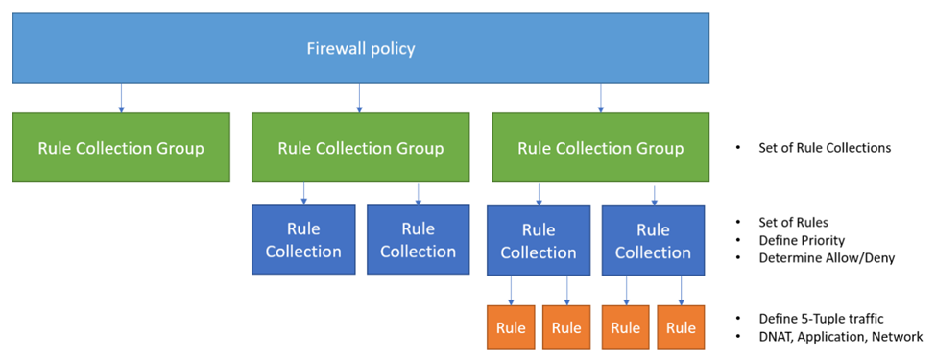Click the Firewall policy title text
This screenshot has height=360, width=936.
[x=360, y=47]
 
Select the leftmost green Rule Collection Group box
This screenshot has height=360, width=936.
[x=121, y=148]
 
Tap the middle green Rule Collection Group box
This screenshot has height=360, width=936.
[x=360, y=148]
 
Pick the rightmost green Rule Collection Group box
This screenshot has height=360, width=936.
[x=600, y=148]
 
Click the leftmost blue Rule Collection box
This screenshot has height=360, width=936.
[x=303, y=240]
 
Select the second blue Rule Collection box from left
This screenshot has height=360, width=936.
[x=418, y=240]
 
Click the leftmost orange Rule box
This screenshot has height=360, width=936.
[x=511, y=327]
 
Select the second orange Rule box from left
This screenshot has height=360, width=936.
[x=566, y=327]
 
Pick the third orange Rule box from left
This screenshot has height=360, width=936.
[x=626, y=327]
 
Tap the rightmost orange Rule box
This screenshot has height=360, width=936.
[x=681, y=327]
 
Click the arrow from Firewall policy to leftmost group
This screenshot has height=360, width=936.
[x=121, y=97]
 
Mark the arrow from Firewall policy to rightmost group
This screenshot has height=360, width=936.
[x=601, y=97]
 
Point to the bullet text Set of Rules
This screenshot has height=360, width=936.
[x=793, y=223]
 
